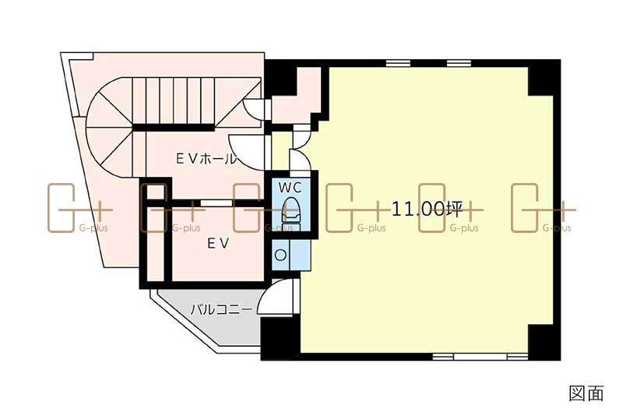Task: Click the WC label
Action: tap(290, 187)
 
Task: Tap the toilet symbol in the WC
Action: tap(290, 210)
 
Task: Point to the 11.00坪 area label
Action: tap(427, 209)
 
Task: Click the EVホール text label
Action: tap(206, 159)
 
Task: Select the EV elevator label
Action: tap(218, 243)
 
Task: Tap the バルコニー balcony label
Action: tap(221, 309)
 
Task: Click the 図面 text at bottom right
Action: tap(586, 393)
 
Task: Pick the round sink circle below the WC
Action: tap(280, 255)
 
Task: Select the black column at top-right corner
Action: tap(544, 78)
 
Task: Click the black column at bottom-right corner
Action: tap(544, 343)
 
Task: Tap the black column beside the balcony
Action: tap(280, 339)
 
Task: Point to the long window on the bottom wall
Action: tap(480, 357)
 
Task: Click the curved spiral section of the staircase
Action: tap(109, 127)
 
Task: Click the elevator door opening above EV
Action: tap(216, 203)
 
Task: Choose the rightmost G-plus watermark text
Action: tap(557, 228)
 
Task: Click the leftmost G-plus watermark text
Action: tap(93, 228)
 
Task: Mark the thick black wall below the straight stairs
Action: tap(174, 128)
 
